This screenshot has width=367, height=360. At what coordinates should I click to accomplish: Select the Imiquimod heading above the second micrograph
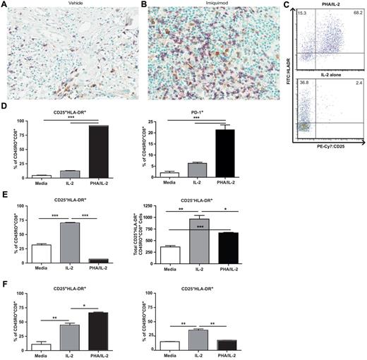[x=201, y=4]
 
